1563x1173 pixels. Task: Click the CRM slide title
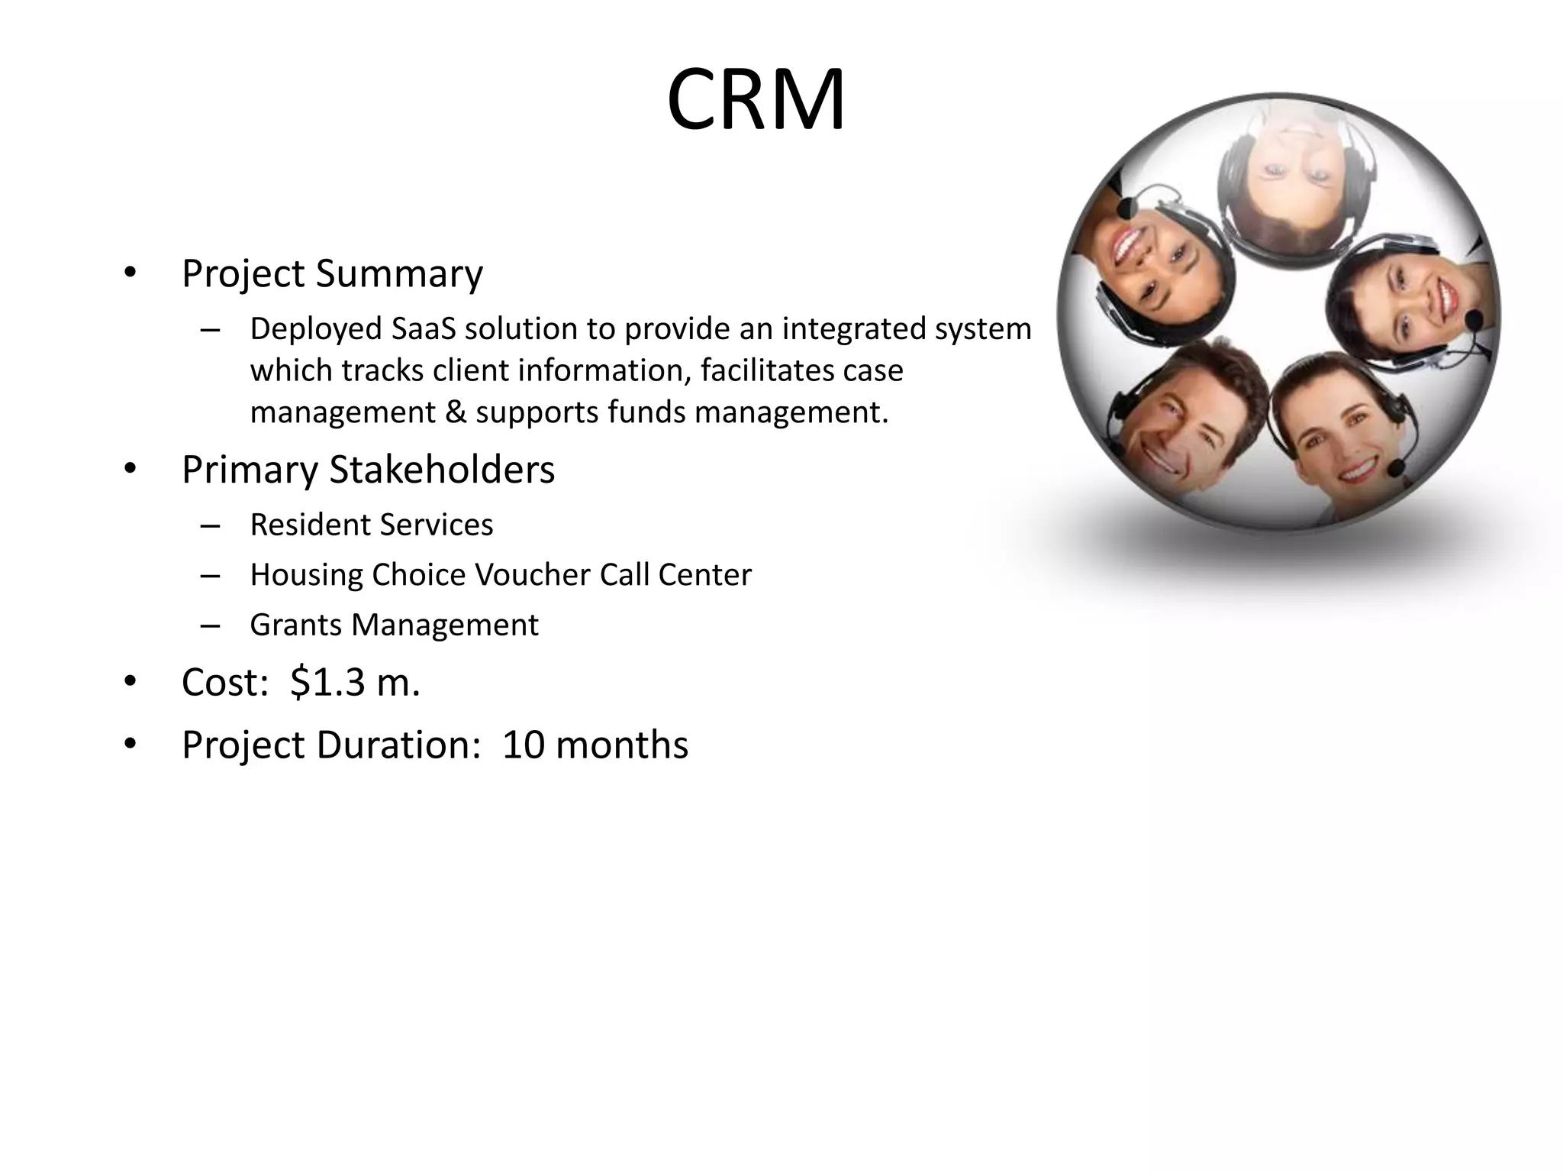click(x=756, y=100)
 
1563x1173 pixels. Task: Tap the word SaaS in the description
click(x=423, y=329)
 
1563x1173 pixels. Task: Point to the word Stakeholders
click(x=442, y=469)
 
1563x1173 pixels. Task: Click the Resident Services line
click(x=372, y=525)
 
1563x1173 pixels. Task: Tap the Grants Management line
click(x=394, y=625)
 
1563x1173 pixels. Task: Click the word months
click(x=622, y=745)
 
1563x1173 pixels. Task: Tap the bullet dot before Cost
click(x=130, y=680)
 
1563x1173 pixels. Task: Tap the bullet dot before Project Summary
click(x=130, y=272)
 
